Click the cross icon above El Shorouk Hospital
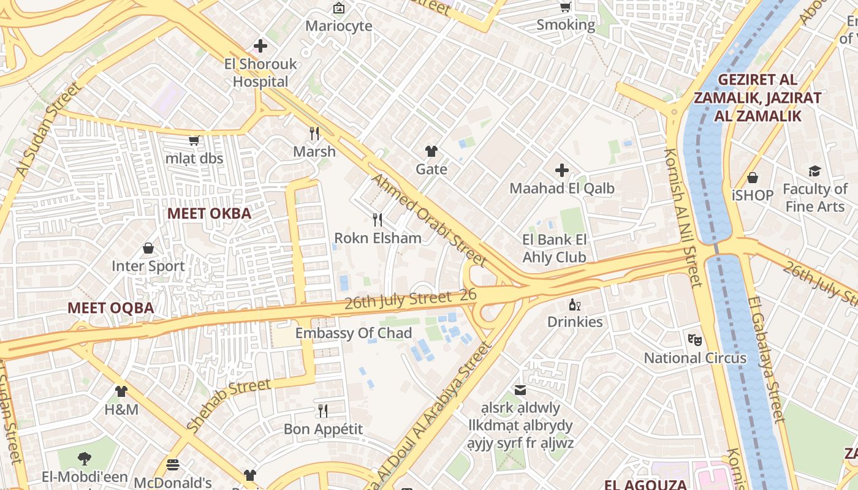point(260,46)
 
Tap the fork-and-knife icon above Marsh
point(314,134)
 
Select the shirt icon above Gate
point(431,151)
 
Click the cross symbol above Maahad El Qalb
point(561,170)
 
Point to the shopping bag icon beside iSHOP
point(753,178)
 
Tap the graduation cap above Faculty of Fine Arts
point(814,171)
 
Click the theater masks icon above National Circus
point(694,339)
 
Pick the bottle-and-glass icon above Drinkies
point(574,304)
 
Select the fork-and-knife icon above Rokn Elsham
point(378,219)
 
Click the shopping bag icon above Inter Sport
point(148,248)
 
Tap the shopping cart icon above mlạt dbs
point(194,141)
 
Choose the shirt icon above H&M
point(121,391)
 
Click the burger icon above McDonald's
point(173,464)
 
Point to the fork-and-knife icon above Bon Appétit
point(323,410)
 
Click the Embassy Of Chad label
point(354,333)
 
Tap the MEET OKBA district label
point(209,214)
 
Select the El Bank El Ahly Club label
point(555,248)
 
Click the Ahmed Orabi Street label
point(429,221)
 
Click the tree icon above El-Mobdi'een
point(85,458)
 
